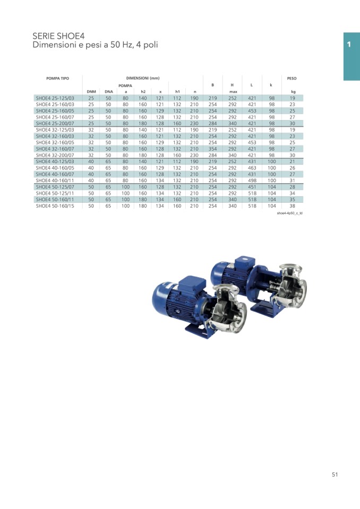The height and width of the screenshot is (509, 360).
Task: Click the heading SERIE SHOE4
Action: (x=58, y=36)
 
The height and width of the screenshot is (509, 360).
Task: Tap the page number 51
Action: (x=335, y=475)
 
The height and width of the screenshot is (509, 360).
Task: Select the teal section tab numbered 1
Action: (x=352, y=56)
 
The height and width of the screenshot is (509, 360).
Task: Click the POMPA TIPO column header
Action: (x=57, y=78)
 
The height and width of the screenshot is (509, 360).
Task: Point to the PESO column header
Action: (x=292, y=78)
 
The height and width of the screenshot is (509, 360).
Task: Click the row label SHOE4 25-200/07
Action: (x=55, y=123)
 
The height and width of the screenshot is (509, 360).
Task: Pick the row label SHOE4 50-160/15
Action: (x=55, y=206)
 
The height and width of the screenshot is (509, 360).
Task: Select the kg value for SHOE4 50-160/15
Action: (x=292, y=206)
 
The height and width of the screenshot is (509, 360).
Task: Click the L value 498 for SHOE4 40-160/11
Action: (x=252, y=180)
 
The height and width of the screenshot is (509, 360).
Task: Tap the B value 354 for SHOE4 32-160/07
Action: (x=212, y=149)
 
